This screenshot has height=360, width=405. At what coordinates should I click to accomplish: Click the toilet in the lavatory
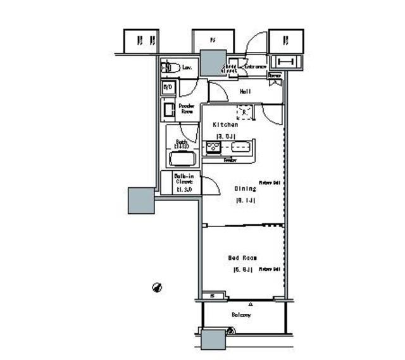click(169, 67)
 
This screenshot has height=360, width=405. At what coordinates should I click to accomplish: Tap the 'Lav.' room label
click(188, 66)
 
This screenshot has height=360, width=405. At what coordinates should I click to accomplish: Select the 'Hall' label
click(246, 91)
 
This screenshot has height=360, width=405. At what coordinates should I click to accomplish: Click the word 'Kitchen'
click(225, 125)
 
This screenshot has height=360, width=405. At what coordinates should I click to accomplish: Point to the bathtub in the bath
click(181, 158)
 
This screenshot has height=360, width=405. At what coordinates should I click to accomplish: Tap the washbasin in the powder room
click(169, 110)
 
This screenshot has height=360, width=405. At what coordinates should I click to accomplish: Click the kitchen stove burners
click(213, 148)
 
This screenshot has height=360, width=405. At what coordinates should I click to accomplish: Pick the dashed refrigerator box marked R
click(245, 113)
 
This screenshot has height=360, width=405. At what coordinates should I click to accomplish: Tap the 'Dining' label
click(246, 189)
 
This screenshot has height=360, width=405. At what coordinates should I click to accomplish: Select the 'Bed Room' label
click(241, 258)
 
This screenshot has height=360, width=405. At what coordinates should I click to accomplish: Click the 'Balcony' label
click(241, 314)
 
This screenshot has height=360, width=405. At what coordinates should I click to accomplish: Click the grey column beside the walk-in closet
click(141, 200)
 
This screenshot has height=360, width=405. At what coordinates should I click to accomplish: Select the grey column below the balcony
click(213, 340)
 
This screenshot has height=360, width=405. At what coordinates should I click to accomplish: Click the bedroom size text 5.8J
click(244, 270)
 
